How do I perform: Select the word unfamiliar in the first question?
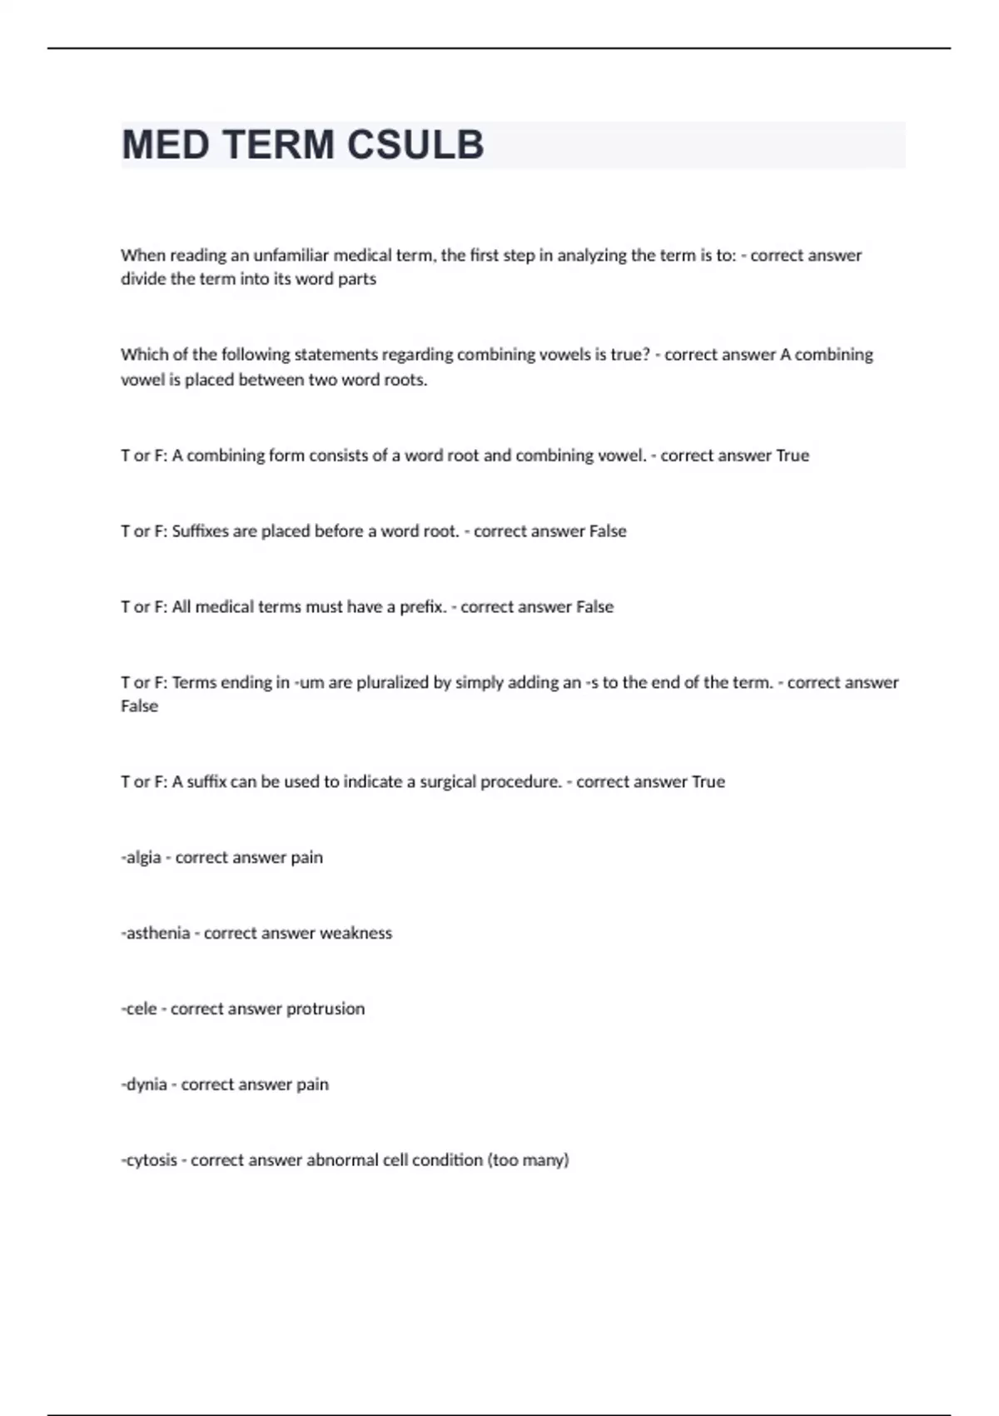tap(293, 255)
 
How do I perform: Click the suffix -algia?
tap(141, 857)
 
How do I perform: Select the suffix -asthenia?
tap(156, 933)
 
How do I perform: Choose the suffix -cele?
tap(139, 1009)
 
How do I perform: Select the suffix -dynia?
tap(144, 1084)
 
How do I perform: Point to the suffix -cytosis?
tap(149, 1160)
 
